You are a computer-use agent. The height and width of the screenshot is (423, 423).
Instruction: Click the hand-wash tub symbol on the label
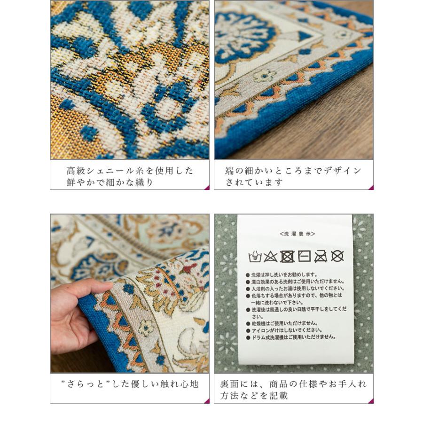click(x=255, y=257)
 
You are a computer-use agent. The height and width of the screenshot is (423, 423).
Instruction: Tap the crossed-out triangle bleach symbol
click(x=270, y=257)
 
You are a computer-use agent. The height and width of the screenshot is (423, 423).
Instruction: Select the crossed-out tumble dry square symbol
click(x=287, y=257)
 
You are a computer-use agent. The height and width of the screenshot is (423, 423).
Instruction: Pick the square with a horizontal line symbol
click(x=304, y=257)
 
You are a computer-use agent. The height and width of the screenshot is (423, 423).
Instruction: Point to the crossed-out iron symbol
click(x=321, y=257)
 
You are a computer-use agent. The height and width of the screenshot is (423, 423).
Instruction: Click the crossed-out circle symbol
click(x=337, y=256)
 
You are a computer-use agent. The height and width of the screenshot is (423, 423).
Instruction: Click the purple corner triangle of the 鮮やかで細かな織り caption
click(x=206, y=187)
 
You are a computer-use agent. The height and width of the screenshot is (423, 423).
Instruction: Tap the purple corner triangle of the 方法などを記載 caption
click(x=370, y=400)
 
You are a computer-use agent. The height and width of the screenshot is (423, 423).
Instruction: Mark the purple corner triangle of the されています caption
click(x=370, y=187)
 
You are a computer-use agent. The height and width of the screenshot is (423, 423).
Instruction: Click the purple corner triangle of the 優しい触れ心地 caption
click(x=206, y=400)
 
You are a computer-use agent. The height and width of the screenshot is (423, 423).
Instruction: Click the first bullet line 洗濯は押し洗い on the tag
click(x=288, y=275)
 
